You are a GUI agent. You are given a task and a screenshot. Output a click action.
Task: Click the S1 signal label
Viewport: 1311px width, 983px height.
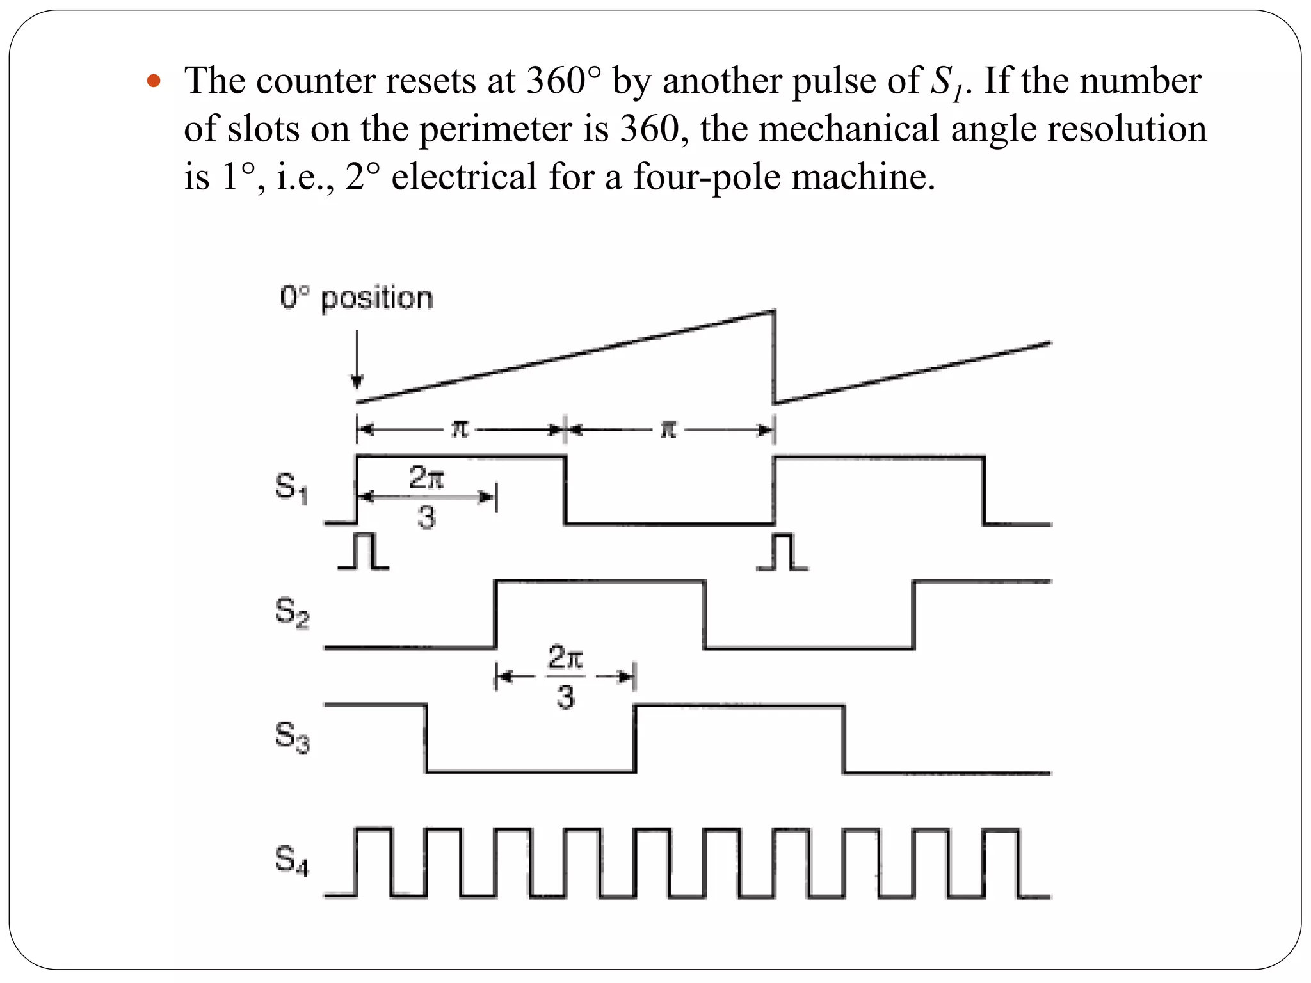[x=291, y=489]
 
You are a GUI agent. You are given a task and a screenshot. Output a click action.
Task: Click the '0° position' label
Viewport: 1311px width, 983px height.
[x=357, y=298]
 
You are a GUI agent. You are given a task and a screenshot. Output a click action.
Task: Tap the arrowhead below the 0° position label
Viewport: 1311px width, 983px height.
[x=357, y=381]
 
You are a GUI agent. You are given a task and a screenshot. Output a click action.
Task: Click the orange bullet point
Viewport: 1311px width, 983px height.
[x=153, y=81]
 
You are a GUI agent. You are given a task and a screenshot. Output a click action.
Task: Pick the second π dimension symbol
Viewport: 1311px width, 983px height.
[x=668, y=429]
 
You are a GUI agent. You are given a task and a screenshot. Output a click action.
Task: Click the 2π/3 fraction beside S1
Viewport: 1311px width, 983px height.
[x=427, y=497]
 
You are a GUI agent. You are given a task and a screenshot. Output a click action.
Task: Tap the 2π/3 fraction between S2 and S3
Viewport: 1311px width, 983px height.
[x=566, y=677]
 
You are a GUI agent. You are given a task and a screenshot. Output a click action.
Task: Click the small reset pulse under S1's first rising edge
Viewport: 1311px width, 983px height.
[x=364, y=551]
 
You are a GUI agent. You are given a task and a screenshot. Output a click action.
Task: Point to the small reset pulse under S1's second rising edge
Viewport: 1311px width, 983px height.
[x=782, y=552]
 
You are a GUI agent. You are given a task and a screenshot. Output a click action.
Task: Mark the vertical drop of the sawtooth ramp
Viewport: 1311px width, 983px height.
[x=775, y=357]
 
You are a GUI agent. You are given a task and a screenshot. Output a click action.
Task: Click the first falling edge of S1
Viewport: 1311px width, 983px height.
[x=565, y=490]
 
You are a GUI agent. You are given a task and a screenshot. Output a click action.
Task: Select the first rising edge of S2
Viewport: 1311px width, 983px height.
[x=496, y=614]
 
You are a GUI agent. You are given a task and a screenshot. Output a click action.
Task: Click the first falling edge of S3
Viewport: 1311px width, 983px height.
[x=427, y=738]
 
